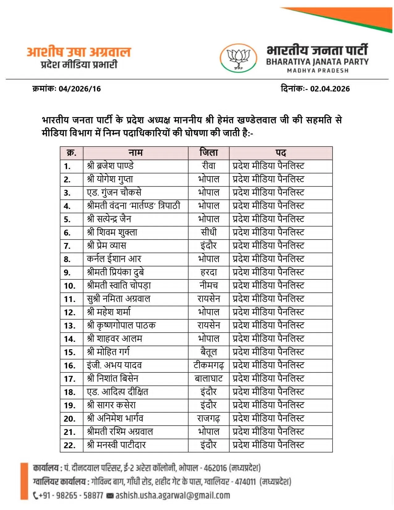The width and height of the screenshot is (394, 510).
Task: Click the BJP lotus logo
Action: (x=238, y=58)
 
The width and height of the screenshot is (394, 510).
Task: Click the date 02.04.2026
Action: (x=330, y=89)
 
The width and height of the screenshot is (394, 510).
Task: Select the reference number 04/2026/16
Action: (x=80, y=89)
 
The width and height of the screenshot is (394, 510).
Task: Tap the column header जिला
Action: (x=209, y=153)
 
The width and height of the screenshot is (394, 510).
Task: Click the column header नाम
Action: (x=135, y=153)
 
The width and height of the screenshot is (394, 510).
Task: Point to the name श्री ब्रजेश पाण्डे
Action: (x=110, y=166)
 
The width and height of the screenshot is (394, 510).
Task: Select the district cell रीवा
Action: (x=209, y=166)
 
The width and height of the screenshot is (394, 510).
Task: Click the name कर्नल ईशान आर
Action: (x=114, y=259)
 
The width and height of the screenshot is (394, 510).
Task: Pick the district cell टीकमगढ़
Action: (x=209, y=365)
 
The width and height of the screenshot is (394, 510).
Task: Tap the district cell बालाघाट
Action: (x=209, y=379)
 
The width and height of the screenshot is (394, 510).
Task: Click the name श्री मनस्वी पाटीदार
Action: (x=117, y=445)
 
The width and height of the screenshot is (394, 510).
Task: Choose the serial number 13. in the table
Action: (x=70, y=326)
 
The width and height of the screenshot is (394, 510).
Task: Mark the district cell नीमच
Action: (x=209, y=286)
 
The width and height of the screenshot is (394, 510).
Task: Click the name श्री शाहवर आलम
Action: (x=115, y=339)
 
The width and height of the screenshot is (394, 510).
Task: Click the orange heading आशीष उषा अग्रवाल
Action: (x=79, y=52)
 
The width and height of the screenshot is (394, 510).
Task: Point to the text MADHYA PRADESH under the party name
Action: (x=318, y=71)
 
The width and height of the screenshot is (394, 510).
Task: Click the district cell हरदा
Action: (x=209, y=272)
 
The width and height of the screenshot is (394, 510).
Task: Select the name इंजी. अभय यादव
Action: (x=114, y=365)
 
